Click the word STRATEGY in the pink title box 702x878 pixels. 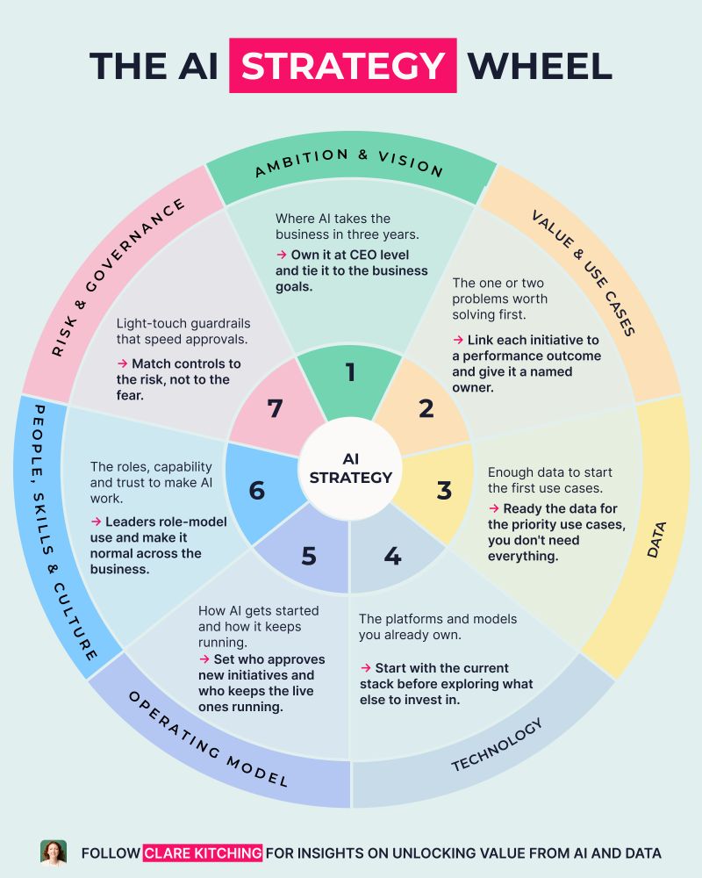tap(343, 66)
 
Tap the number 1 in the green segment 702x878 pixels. tap(350, 371)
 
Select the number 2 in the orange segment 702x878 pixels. tap(426, 408)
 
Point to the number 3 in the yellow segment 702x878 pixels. tap(444, 490)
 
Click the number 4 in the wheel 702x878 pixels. tap(392, 556)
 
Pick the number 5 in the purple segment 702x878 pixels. tap(309, 556)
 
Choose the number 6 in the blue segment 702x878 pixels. tap(257, 491)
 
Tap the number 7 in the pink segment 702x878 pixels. tap(275, 408)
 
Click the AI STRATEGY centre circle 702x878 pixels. tap(351, 468)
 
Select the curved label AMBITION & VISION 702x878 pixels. tap(349, 162)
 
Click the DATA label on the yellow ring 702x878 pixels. tap(656, 540)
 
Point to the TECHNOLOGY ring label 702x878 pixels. tap(498, 745)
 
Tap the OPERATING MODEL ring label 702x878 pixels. tap(208, 739)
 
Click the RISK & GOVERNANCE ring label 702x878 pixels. tap(118, 277)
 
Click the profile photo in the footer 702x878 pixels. tap(54, 853)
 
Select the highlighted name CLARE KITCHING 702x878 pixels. tap(203, 853)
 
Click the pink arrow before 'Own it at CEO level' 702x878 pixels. tap(282, 255)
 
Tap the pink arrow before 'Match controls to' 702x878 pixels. tap(123, 364)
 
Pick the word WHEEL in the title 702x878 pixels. tap(540, 66)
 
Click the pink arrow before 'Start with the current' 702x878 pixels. tap(366, 668)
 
